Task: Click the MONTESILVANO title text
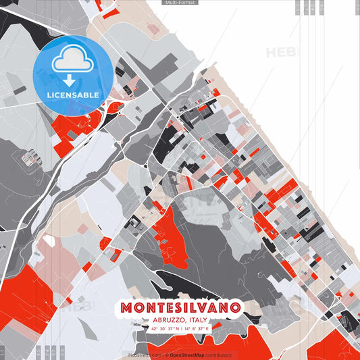180,308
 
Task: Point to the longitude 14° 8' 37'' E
197,328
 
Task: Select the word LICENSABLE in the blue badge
73,95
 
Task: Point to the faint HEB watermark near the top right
280,53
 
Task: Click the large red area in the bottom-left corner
24,297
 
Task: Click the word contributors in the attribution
219,355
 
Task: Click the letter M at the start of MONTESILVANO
126,308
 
